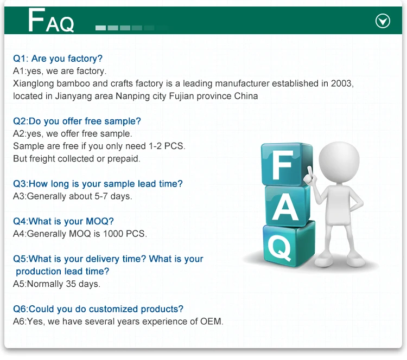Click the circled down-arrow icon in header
point(383,21)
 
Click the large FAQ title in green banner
point(51,21)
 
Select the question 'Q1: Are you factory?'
point(58,59)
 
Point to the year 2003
point(342,83)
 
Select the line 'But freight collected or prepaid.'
point(77,158)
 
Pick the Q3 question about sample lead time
point(98,184)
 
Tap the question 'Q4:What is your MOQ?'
point(63,221)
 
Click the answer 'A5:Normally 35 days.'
point(56,284)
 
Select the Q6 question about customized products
point(98,309)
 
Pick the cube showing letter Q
point(282,246)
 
